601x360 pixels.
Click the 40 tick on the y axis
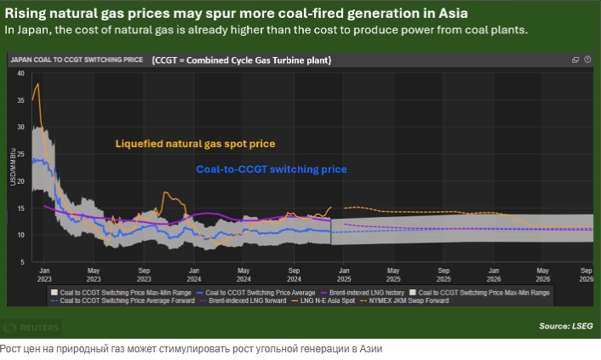[x=22, y=74]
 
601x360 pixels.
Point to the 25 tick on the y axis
[x=22, y=155]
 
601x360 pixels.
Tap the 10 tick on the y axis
[x=22, y=235]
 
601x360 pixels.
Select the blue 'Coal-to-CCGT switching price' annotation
[x=271, y=169]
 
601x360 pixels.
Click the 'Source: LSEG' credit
[x=565, y=326]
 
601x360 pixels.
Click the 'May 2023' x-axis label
[x=94, y=274]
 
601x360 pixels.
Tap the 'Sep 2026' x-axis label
[x=585, y=274]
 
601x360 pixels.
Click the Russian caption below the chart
[x=192, y=349]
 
